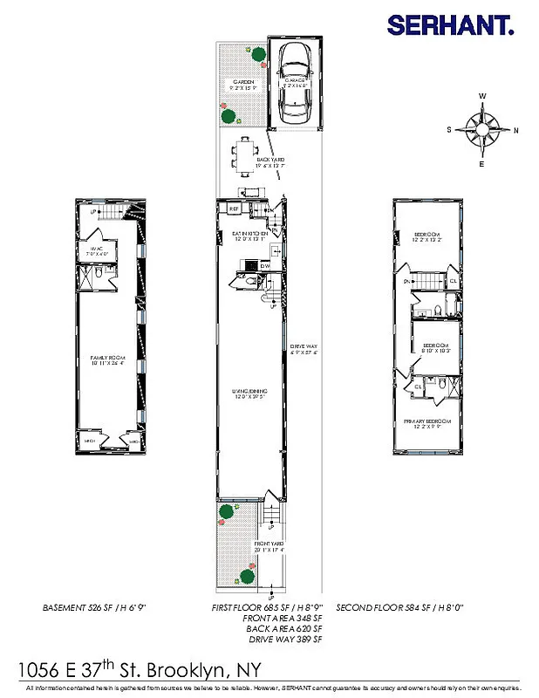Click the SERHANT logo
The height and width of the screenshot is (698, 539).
pos(450,24)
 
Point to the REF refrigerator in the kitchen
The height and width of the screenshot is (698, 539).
pos(234,209)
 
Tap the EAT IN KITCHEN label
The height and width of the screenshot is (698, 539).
pos(249,234)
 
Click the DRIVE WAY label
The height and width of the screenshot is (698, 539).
pos(304,347)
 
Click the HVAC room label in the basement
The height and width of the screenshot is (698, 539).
pos(96,249)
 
